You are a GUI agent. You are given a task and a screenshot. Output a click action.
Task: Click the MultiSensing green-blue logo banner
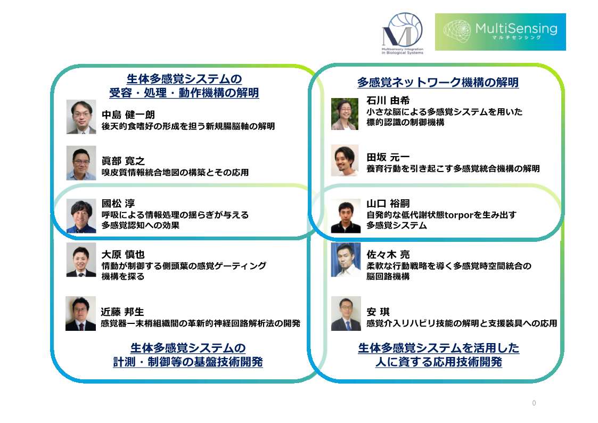[501, 31]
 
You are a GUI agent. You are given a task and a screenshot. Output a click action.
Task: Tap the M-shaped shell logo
[403, 33]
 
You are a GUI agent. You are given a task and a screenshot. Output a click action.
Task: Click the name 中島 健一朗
[128, 115]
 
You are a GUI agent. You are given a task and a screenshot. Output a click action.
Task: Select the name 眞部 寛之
[123, 161]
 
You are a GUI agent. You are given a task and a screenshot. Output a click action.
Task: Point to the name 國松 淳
[118, 204]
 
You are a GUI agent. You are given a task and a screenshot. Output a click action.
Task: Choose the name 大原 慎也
[123, 255]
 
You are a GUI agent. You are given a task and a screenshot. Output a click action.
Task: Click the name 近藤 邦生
[122, 312]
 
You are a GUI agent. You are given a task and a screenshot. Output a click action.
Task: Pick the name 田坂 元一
[388, 157]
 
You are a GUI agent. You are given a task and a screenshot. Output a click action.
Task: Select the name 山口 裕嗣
[388, 204]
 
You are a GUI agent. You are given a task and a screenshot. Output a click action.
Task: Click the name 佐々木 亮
[388, 255]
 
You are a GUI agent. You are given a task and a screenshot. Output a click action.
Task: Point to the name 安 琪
[378, 312]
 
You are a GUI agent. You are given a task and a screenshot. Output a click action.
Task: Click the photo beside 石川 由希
[345, 114]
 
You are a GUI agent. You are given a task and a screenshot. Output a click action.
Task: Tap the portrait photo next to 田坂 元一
[345, 160]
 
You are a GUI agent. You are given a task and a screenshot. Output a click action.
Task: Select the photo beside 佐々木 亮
[346, 259]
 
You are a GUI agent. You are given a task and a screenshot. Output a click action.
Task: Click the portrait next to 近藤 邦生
[80, 314]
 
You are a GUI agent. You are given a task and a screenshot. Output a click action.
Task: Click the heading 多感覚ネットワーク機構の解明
[438, 82]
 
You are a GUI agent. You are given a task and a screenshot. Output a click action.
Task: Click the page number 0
[534, 403]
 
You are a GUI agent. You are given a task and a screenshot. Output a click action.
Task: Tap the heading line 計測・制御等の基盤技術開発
[188, 362]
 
